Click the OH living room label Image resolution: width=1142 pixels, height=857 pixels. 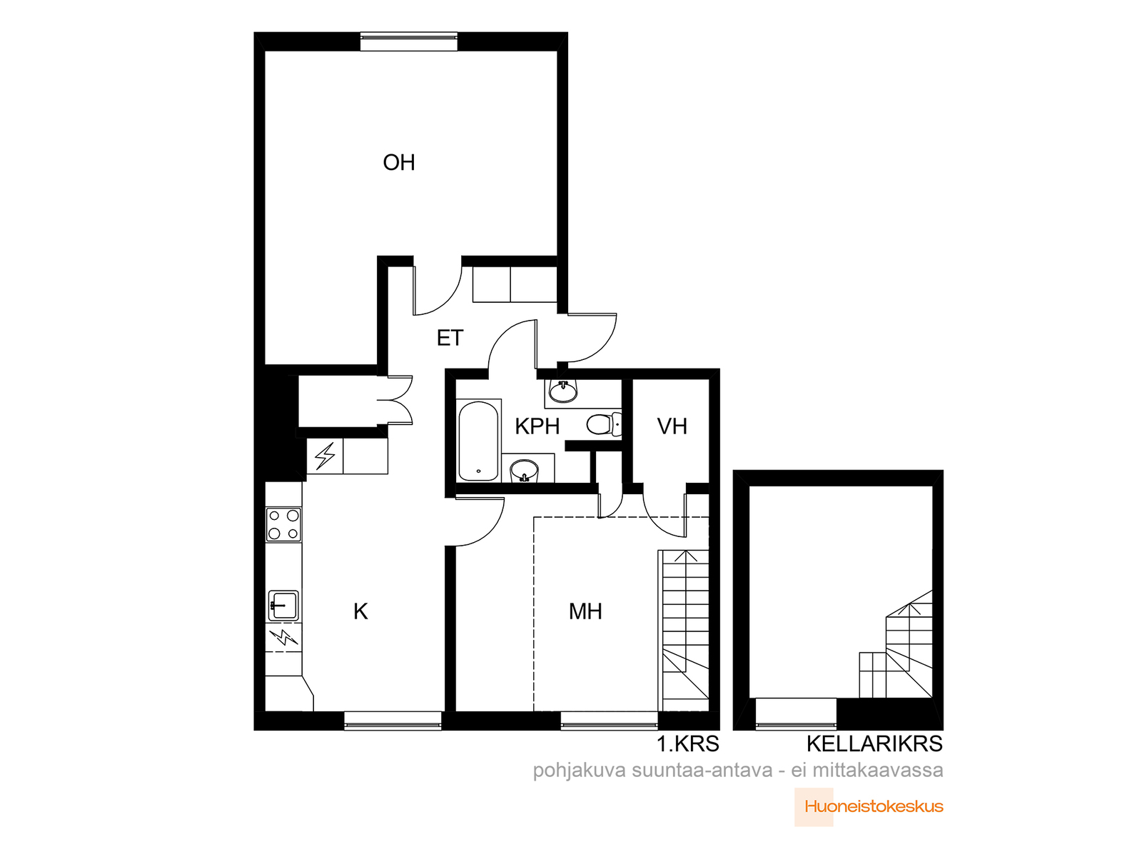(x=398, y=162)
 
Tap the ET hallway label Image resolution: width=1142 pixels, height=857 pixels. (x=450, y=339)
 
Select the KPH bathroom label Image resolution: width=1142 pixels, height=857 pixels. (x=537, y=426)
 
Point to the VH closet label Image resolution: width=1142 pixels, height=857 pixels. (x=672, y=426)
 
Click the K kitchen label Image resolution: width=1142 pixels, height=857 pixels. (x=360, y=611)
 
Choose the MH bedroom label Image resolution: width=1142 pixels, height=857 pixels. (x=585, y=611)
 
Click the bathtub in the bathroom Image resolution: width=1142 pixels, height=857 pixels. (x=478, y=441)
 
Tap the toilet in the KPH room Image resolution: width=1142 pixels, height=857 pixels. (x=604, y=424)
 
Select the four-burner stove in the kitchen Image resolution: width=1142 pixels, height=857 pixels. (x=283, y=524)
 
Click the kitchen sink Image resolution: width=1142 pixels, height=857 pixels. (x=283, y=605)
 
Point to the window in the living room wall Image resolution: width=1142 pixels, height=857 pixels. (x=409, y=41)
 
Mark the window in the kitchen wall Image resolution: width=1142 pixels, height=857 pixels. (x=393, y=721)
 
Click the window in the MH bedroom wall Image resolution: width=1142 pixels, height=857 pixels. (x=610, y=721)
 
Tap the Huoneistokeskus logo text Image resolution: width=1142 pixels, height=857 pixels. (x=874, y=807)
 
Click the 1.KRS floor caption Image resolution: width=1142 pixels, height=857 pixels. (x=688, y=744)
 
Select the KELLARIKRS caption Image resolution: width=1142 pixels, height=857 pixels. (x=874, y=744)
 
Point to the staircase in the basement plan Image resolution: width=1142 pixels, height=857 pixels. (x=895, y=644)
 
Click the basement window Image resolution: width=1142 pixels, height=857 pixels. (x=796, y=714)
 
